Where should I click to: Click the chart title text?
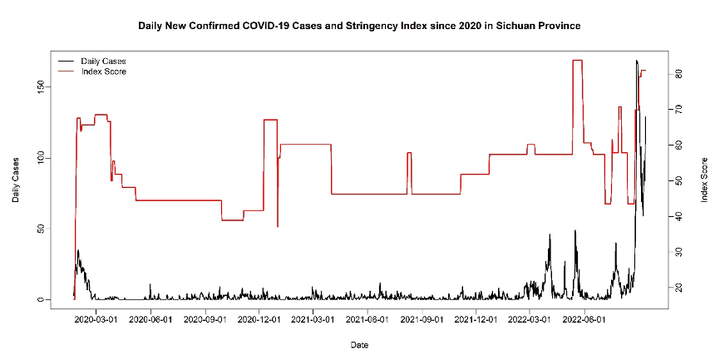pos(359,26)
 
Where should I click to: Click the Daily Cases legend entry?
pos(103,62)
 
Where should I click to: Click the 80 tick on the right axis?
pos(678,73)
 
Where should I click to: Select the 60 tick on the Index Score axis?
pos(678,145)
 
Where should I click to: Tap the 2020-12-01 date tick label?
pos(259,317)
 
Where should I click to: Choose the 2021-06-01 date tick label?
pos(367,317)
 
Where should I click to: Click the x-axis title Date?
pos(359,344)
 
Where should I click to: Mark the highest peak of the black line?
pos(636,61)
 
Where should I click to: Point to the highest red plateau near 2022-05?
pos(577,61)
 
